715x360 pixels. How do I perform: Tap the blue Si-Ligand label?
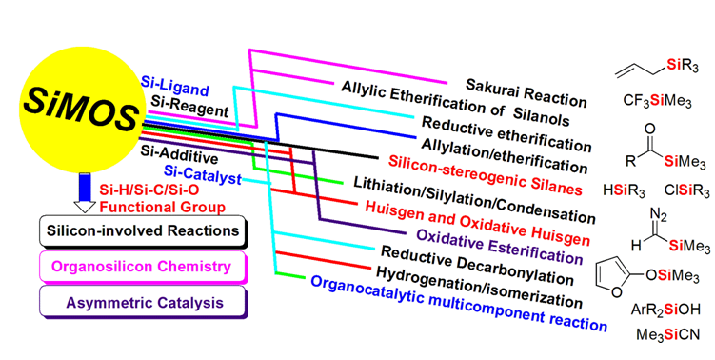click(x=174, y=87)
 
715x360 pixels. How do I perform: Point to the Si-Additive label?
click(x=179, y=154)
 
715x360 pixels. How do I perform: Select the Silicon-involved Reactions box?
click(x=144, y=231)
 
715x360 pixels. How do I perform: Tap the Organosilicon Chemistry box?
click(x=144, y=267)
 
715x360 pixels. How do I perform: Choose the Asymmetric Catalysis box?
click(x=144, y=302)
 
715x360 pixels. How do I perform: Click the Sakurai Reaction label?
click(x=526, y=92)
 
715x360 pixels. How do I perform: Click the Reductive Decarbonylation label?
click(x=477, y=265)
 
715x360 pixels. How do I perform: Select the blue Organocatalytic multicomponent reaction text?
click(x=459, y=304)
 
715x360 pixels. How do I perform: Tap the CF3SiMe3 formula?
click(x=657, y=101)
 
